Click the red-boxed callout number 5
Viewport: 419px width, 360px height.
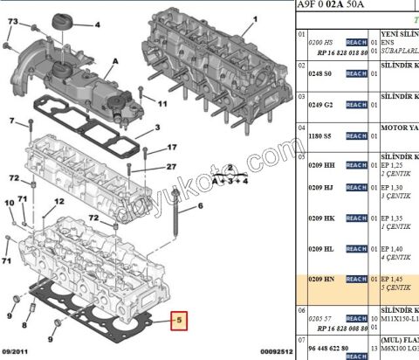[x=178, y=321]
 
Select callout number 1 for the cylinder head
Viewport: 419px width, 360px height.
[x=254, y=18]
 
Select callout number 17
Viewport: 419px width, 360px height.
[x=171, y=148]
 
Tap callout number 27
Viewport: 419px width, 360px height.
[x=171, y=166]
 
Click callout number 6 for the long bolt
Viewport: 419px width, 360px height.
[x=199, y=206]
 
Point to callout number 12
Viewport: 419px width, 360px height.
[x=58, y=202]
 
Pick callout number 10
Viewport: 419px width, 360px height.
[x=9, y=202]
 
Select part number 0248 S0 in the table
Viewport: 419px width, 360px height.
[x=322, y=73]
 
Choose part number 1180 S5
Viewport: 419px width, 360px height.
[x=322, y=136]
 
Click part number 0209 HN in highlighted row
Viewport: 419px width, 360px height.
[x=323, y=279]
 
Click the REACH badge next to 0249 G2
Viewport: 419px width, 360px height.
[x=356, y=105]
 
